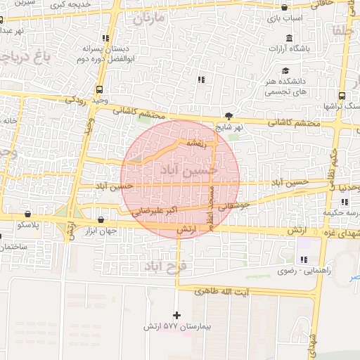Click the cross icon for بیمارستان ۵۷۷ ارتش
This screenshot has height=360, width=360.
coord(176,315)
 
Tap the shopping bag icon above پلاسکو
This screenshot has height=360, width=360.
coord(27,214)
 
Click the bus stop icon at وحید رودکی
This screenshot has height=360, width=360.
coord(98,89)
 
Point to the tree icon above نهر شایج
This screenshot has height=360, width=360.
coord(229,115)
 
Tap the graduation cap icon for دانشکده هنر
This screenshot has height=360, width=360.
coord(285,70)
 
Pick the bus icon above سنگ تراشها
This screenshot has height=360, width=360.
coord(342,95)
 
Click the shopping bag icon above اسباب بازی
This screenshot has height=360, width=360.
coord(284,8)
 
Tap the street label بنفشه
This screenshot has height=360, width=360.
coord(195,143)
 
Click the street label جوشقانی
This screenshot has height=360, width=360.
coord(232,207)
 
